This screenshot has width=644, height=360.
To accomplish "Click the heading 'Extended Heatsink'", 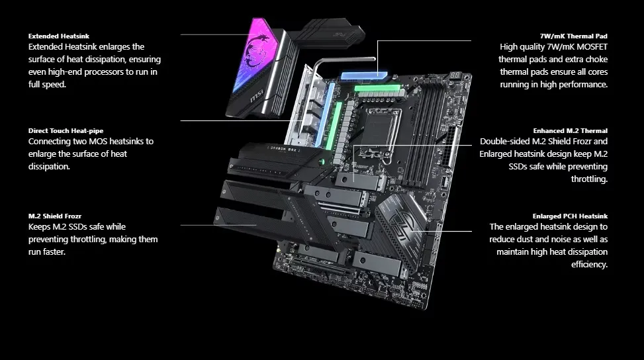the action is click(x=59, y=36).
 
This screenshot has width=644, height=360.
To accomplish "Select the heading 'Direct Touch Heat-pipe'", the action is click(x=66, y=130).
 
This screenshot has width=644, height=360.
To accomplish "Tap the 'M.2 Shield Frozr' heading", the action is click(x=55, y=216).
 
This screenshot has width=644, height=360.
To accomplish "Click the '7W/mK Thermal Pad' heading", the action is click(x=573, y=36).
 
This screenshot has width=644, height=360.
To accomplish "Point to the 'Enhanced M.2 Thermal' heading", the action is click(x=570, y=130).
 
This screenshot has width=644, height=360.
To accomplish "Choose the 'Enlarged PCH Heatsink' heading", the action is click(x=570, y=216).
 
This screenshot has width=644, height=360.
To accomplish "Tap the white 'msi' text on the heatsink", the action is click(x=257, y=97).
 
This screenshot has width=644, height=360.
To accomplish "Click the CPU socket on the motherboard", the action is click(x=381, y=130).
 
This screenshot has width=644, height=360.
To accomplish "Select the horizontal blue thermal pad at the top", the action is click(x=364, y=75).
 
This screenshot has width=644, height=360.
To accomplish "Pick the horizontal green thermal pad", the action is click(x=377, y=88).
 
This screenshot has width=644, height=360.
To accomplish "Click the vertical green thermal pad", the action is click(x=333, y=126).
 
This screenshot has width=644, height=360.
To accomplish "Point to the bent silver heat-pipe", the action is click(x=345, y=60).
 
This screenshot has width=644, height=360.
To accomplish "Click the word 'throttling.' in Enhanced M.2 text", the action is click(x=589, y=179).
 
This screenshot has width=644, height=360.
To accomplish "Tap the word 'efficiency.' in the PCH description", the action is click(x=589, y=264).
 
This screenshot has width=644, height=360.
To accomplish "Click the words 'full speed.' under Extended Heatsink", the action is click(x=47, y=85).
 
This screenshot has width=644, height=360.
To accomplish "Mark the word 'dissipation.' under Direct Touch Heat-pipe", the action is click(x=49, y=167).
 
